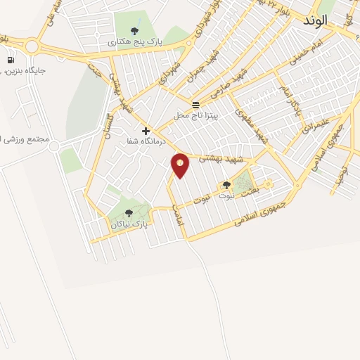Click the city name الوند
point(316,20)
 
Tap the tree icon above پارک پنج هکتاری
point(134,30)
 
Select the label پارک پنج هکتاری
point(135,43)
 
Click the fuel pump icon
point(10,60)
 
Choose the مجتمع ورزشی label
point(24,139)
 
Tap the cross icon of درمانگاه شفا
point(146,131)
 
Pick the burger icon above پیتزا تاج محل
point(195,104)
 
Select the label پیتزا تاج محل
point(197,115)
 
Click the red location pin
point(180,165)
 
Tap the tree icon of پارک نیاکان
point(128,212)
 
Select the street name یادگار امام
point(291,98)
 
